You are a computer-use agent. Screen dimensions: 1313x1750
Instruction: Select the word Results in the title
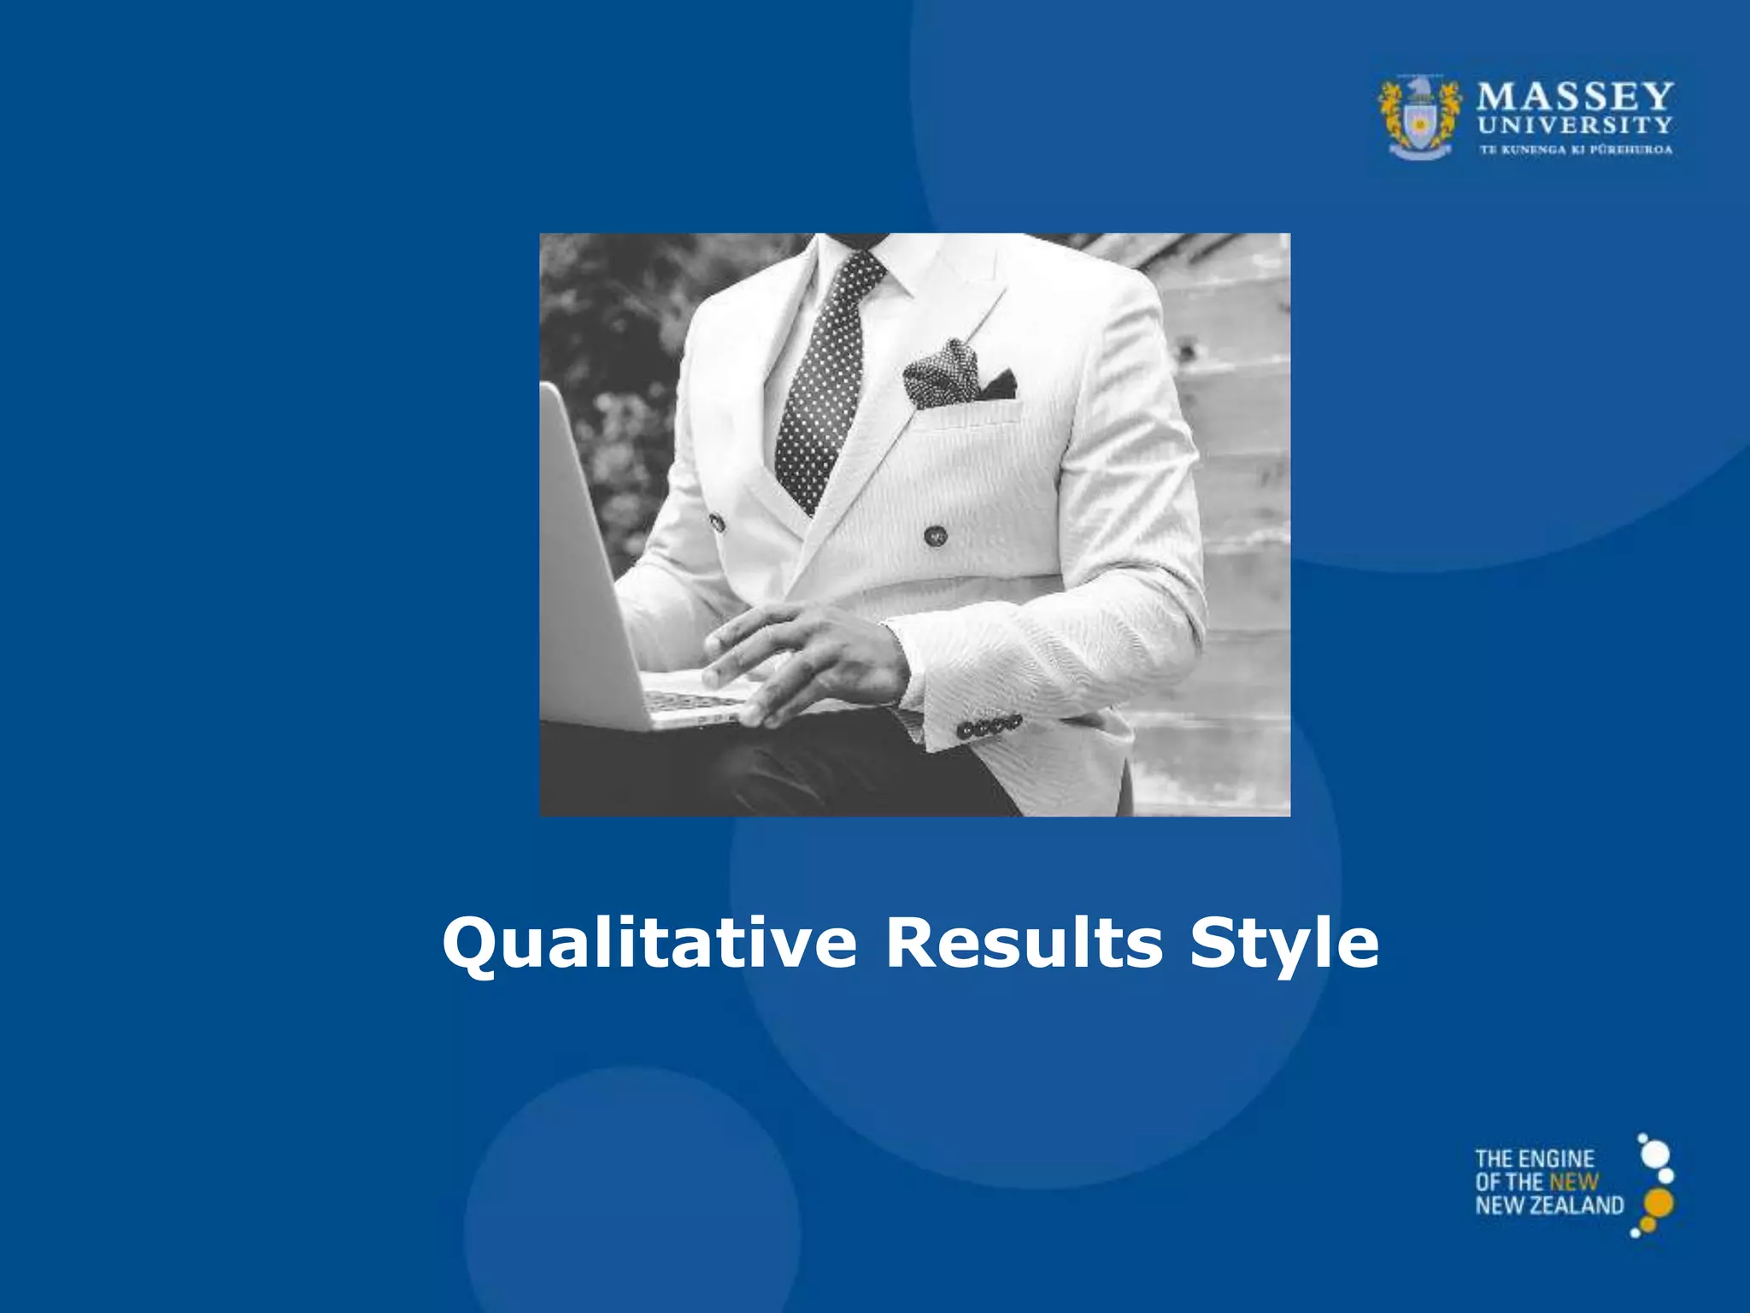pos(1024,943)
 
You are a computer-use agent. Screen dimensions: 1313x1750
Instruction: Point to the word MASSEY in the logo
pos(1575,96)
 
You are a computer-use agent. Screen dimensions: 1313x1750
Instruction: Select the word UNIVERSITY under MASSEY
pos(1575,126)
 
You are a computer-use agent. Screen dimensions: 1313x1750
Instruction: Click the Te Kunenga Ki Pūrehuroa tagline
pos(1576,150)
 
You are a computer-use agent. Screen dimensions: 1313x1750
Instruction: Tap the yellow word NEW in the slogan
pos(1574,1182)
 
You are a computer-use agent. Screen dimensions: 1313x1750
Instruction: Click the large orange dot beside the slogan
pos(1659,1202)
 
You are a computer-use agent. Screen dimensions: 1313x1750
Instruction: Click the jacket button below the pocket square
pos(936,536)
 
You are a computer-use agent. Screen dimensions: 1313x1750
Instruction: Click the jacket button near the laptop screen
pos(716,521)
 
